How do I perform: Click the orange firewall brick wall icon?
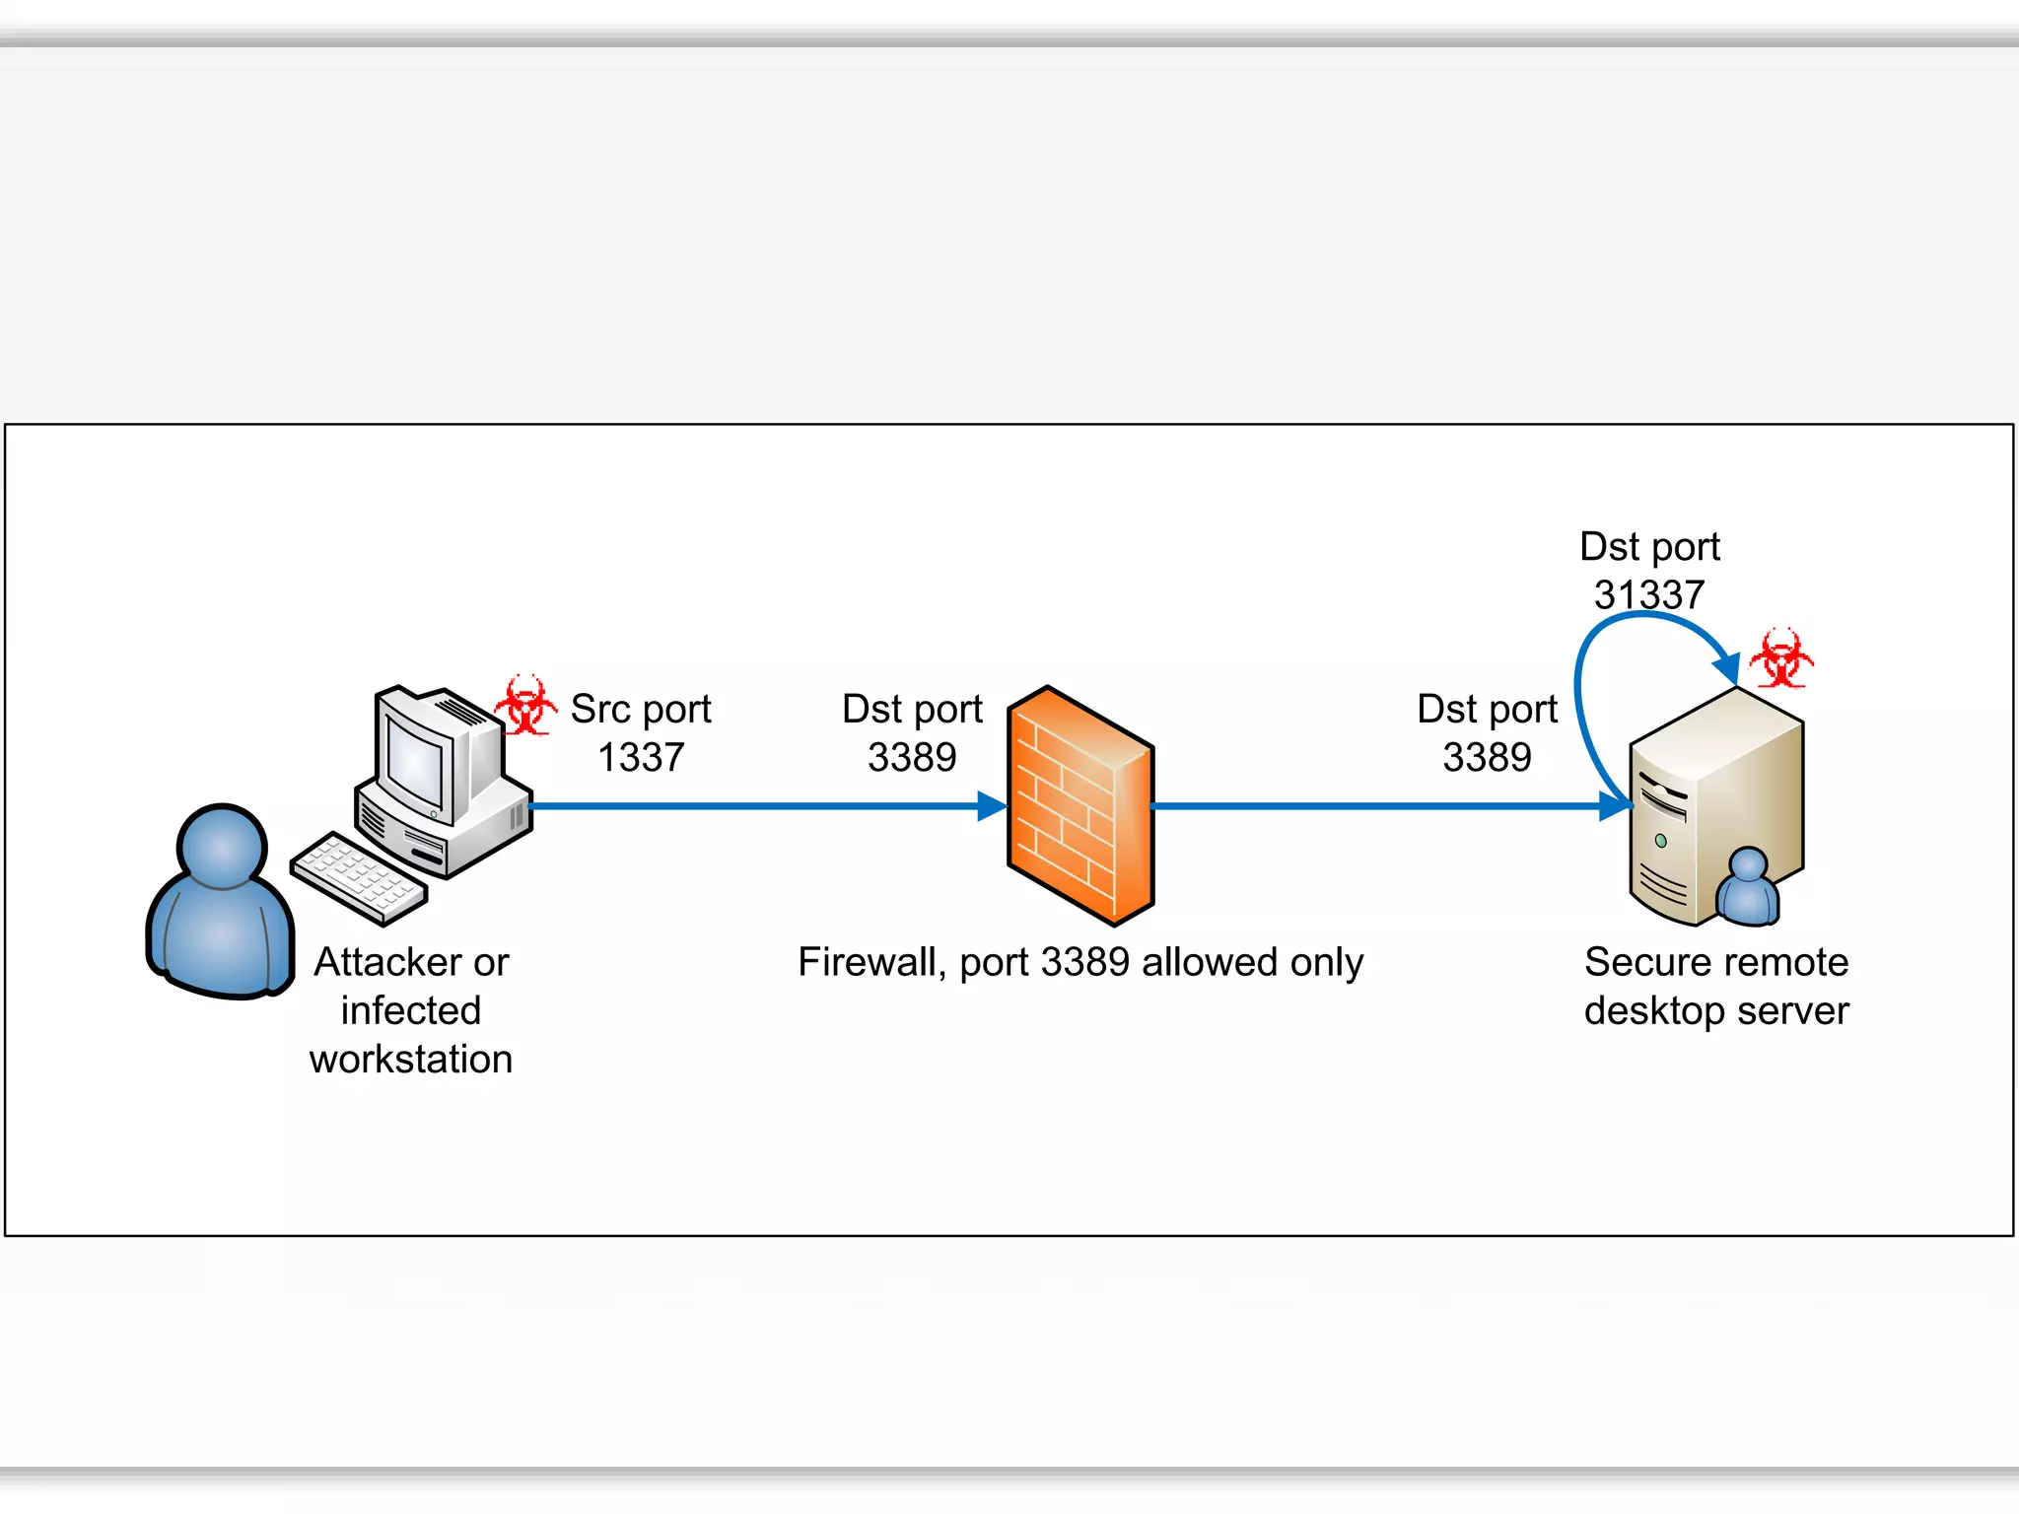[x=1079, y=806]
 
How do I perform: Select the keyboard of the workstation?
[x=359, y=877]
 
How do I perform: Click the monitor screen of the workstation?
[x=414, y=764]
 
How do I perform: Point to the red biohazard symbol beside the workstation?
[x=524, y=706]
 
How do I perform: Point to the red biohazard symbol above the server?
[x=1781, y=658]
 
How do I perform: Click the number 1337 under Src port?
[x=641, y=757]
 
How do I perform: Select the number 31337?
[x=1649, y=594]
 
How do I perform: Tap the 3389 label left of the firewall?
[x=912, y=757]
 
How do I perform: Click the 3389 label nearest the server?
[x=1487, y=757]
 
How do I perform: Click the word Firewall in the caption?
[x=866, y=962]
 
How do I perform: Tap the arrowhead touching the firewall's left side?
[x=992, y=806]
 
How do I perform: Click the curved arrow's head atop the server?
[x=1727, y=667]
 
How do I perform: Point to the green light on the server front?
[x=1661, y=841]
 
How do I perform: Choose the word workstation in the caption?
[x=411, y=1060]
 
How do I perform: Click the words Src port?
[x=641, y=709]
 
